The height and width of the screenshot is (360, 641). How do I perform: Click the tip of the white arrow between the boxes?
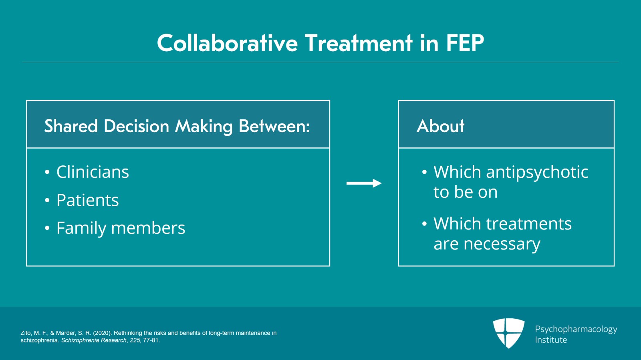click(x=382, y=183)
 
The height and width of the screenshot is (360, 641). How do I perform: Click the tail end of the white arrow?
click(x=347, y=183)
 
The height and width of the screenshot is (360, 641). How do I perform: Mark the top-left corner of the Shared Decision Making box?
click(x=26, y=101)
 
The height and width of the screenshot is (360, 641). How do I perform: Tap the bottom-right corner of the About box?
click(x=614, y=266)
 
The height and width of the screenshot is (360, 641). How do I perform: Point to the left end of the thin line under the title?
click(x=22, y=62)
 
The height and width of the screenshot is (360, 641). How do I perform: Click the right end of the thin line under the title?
click(x=619, y=62)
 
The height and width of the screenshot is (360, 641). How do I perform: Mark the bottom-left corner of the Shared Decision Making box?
click(x=26, y=266)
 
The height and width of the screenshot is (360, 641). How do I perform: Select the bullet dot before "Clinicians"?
click(x=47, y=173)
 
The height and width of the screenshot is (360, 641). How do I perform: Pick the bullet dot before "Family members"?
click(x=47, y=229)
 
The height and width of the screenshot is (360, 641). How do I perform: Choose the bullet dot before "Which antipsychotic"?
click(x=424, y=172)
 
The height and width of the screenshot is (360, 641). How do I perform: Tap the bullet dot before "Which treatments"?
click(x=424, y=224)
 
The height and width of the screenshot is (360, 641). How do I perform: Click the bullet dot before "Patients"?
click(x=47, y=201)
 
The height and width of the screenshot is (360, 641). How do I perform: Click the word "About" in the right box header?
click(x=440, y=126)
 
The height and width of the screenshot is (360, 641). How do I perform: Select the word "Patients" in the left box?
click(x=88, y=200)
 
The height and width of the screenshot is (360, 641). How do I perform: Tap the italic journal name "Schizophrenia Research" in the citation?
click(x=94, y=340)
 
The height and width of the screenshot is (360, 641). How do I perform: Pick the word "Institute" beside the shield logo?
click(x=551, y=340)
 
